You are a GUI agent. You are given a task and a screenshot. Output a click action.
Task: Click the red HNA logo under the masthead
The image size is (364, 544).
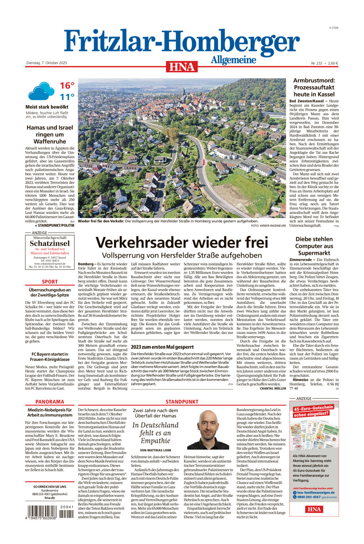(x=182, y=67)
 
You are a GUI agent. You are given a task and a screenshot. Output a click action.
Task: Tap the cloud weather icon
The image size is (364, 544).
(x=41, y=91)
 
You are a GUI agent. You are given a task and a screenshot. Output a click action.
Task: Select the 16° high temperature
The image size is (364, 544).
(x=67, y=86)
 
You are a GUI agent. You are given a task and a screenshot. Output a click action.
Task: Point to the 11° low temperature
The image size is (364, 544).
(x=67, y=97)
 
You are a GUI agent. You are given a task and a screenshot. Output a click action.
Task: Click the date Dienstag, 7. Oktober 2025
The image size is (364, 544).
(x=46, y=63)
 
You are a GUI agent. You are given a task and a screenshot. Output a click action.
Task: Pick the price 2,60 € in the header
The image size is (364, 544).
(x=331, y=63)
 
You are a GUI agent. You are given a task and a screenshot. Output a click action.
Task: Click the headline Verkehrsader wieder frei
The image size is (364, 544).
(x=181, y=243)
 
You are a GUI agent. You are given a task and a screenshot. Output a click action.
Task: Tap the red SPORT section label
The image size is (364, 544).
(x=50, y=282)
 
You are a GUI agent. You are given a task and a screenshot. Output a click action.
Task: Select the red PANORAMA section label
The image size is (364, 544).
(x=50, y=401)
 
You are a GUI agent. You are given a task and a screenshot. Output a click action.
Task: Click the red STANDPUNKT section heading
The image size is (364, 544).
(x=182, y=401)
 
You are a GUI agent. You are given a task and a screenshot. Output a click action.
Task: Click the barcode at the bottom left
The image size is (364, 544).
(x=50, y=511)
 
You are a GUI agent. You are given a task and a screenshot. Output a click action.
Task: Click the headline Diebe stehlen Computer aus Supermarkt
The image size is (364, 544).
(x=314, y=247)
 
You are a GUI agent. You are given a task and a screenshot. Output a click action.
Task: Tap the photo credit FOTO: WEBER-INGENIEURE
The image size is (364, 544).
(x=268, y=226)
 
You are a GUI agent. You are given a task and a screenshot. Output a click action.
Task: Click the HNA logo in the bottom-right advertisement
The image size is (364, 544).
(x=314, y=509)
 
